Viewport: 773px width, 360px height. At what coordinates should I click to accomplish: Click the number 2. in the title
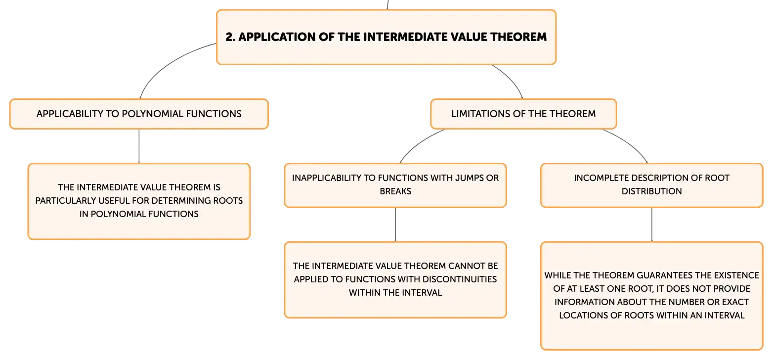(x=230, y=37)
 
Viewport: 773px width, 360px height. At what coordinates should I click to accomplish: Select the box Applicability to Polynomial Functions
(x=139, y=114)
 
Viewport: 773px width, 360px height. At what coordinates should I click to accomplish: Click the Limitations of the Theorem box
(x=523, y=114)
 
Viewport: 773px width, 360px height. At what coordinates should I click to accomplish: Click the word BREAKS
(x=395, y=191)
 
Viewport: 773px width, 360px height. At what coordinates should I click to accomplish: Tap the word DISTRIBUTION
(x=652, y=191)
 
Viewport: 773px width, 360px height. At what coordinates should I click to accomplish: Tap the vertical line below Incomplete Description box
(x=652, y=225)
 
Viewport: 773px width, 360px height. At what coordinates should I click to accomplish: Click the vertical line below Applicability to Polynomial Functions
(x=139, y=146)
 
